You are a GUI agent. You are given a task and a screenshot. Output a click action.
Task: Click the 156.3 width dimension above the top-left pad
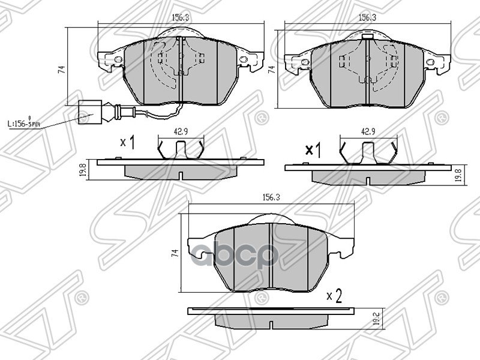[x=181, y=19]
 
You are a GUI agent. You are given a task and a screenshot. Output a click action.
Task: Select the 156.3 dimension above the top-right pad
[x=367, y=19]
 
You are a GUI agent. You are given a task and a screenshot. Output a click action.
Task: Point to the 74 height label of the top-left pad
[x=61, y=70]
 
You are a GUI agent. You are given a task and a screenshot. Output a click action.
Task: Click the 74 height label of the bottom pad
[x=174, y=253]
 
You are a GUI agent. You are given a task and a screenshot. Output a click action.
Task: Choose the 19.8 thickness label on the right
[x=458, y=175]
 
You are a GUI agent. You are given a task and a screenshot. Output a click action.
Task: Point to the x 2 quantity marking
[x=334, y=295]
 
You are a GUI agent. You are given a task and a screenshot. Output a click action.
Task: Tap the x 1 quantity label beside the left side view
[x=127, y=142]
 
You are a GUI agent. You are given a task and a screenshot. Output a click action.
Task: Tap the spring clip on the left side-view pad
[x=181, y=149]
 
